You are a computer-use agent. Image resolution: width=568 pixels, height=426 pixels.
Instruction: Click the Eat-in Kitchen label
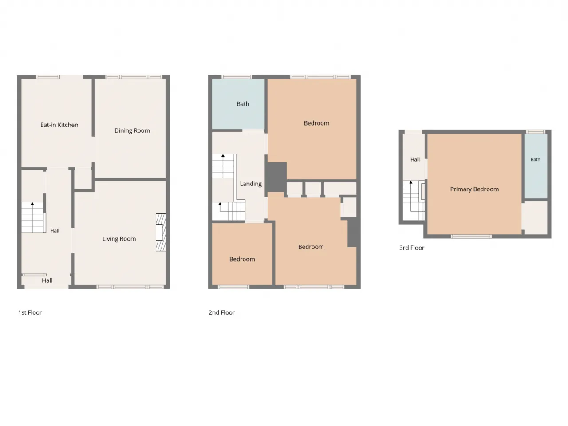pyautogui.click(x=59, y=125)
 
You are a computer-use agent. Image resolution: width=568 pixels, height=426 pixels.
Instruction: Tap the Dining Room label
pyautogui.click(x=132, y=130)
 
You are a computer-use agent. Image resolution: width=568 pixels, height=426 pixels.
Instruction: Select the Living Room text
pyautogui.click(x=119, y=239)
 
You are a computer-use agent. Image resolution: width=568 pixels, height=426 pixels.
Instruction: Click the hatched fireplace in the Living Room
pyautogui.click(x=161, y=232)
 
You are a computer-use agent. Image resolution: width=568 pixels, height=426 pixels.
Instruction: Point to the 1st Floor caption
pyautogui.click(x=30, y=312)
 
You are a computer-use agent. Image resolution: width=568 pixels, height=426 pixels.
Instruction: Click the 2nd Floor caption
pyautogui.click(x=222, y=312)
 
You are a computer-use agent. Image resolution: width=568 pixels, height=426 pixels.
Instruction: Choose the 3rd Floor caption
pyautogui.click(x=412, y=248)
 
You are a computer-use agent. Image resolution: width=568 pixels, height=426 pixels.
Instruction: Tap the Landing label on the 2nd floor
pyautogui.click(x=251, y=184)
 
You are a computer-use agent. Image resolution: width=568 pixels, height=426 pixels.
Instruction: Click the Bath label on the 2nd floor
pyautogui.click(x=243, y=104)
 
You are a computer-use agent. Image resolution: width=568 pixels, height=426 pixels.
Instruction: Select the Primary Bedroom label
pyautogui.click(x=474, y=189)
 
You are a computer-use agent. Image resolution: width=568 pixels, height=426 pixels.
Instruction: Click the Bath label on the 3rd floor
pyautogui.click(x=536, y=159)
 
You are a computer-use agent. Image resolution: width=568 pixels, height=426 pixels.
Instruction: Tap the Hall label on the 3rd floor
pyautogui.click(x=415, y=159)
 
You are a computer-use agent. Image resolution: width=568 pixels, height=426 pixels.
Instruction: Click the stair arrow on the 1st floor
pyautogui.click(x=32, y=217)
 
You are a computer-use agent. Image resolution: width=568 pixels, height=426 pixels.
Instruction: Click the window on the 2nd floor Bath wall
pyautogui.click(x=237, y=77)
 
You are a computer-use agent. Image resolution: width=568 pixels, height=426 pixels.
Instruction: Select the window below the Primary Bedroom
pyautogui.click(x=471, y=237)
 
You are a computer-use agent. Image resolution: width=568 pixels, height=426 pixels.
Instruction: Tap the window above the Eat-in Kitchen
pyautogui.click(x=48, y=77)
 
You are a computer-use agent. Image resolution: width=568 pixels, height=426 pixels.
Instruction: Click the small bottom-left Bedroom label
pyautogui.click(x=242, y=260)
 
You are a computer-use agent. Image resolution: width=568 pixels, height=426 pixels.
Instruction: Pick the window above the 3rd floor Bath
pyautogui.click(x=536, y=132)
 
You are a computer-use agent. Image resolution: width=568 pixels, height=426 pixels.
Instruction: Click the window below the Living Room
pyautogui.click(x=130, y=287)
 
